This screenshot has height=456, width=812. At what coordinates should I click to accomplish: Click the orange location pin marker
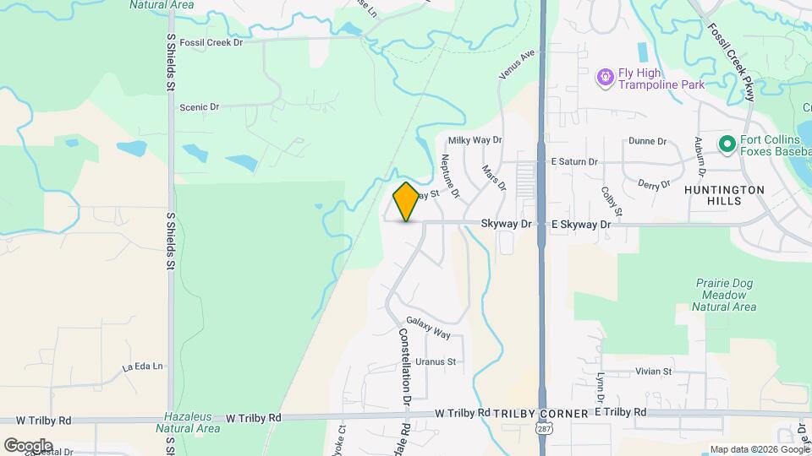tap(406, 201)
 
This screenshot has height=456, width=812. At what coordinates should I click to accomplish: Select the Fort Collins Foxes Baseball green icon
tap(726, 144)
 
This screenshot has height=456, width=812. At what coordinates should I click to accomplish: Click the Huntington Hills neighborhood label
tap(725, 195)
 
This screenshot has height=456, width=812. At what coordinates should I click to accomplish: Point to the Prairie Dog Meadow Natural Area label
tap(723, 295)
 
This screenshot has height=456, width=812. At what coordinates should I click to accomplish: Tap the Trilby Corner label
tap(540, 414)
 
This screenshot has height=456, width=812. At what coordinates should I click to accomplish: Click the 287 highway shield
tap(541, 431)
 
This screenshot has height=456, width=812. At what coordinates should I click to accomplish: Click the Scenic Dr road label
tap(199, 107)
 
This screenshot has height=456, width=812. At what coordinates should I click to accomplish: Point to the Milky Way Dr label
tap(475, 140)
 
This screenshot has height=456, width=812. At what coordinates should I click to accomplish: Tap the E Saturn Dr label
tap(574, 161)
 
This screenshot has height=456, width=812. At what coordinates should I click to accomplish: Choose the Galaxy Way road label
tap(428, 328)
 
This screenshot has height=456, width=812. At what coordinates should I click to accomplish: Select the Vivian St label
tap(653, 371)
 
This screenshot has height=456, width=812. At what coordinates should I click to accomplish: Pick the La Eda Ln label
tap(141, 367)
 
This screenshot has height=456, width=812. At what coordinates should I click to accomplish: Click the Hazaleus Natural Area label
tap(189, 423)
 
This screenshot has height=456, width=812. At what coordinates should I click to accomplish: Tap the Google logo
tap(28, 445)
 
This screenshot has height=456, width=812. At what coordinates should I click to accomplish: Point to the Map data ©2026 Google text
tap(758, 449)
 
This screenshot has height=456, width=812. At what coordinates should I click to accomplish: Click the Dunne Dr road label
tap(648, 142)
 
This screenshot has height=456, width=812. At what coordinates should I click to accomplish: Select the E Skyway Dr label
tap(580, 225)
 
